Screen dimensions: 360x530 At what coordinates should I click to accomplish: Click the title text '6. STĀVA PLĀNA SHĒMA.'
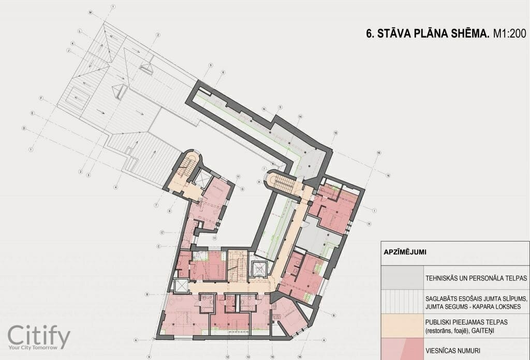click(x=427, y=35)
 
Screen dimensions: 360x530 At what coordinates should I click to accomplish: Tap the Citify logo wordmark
click(x=39, y=337)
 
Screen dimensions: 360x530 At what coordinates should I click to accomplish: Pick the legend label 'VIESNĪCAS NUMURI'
click(x=449, y=347)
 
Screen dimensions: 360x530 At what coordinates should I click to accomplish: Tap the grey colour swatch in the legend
click(x=402, y=277)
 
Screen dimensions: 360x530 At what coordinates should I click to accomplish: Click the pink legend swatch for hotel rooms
click(x=402, y=347)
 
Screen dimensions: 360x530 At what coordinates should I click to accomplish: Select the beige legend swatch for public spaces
click(x=402, y=326)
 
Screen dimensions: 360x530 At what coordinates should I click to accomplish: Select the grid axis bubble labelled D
click(x=23, y=128)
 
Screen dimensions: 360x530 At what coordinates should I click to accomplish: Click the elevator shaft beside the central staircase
click(x=257, y=268)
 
